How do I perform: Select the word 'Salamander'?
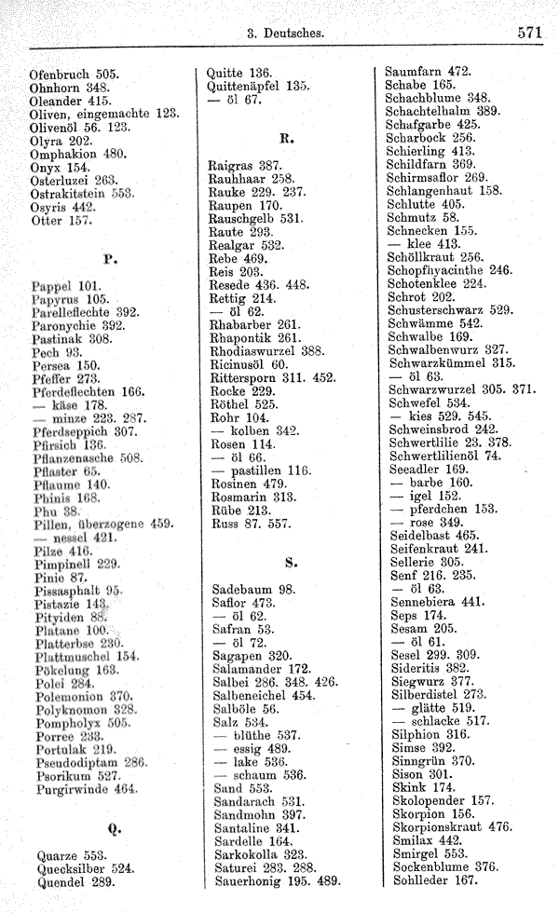point(250,668)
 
